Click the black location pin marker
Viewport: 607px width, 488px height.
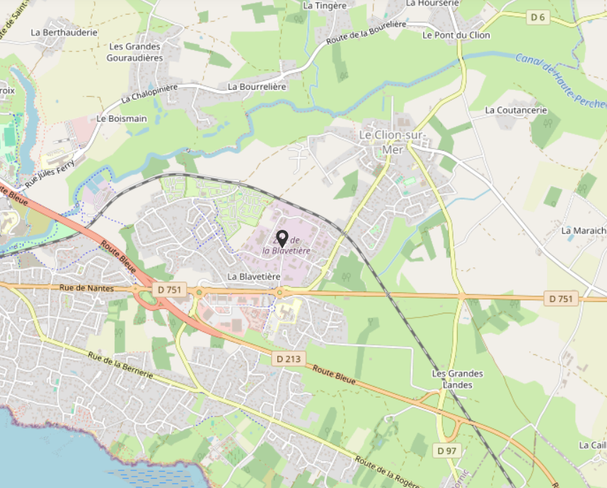coord(282,238)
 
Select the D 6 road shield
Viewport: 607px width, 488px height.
coord(539,17)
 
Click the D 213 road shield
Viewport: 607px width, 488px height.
coord(289,359)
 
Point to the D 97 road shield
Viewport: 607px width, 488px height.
coord(446,451)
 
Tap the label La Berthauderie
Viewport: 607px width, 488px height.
coord(64,33)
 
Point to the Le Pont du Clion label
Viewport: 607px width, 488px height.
coord(456,35)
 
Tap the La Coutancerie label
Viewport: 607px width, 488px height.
coord(516,110)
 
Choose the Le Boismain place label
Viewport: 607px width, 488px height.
coord(122,119)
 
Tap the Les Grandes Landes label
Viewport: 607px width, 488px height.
coord(457,379)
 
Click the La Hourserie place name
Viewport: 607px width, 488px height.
coord(432,4)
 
